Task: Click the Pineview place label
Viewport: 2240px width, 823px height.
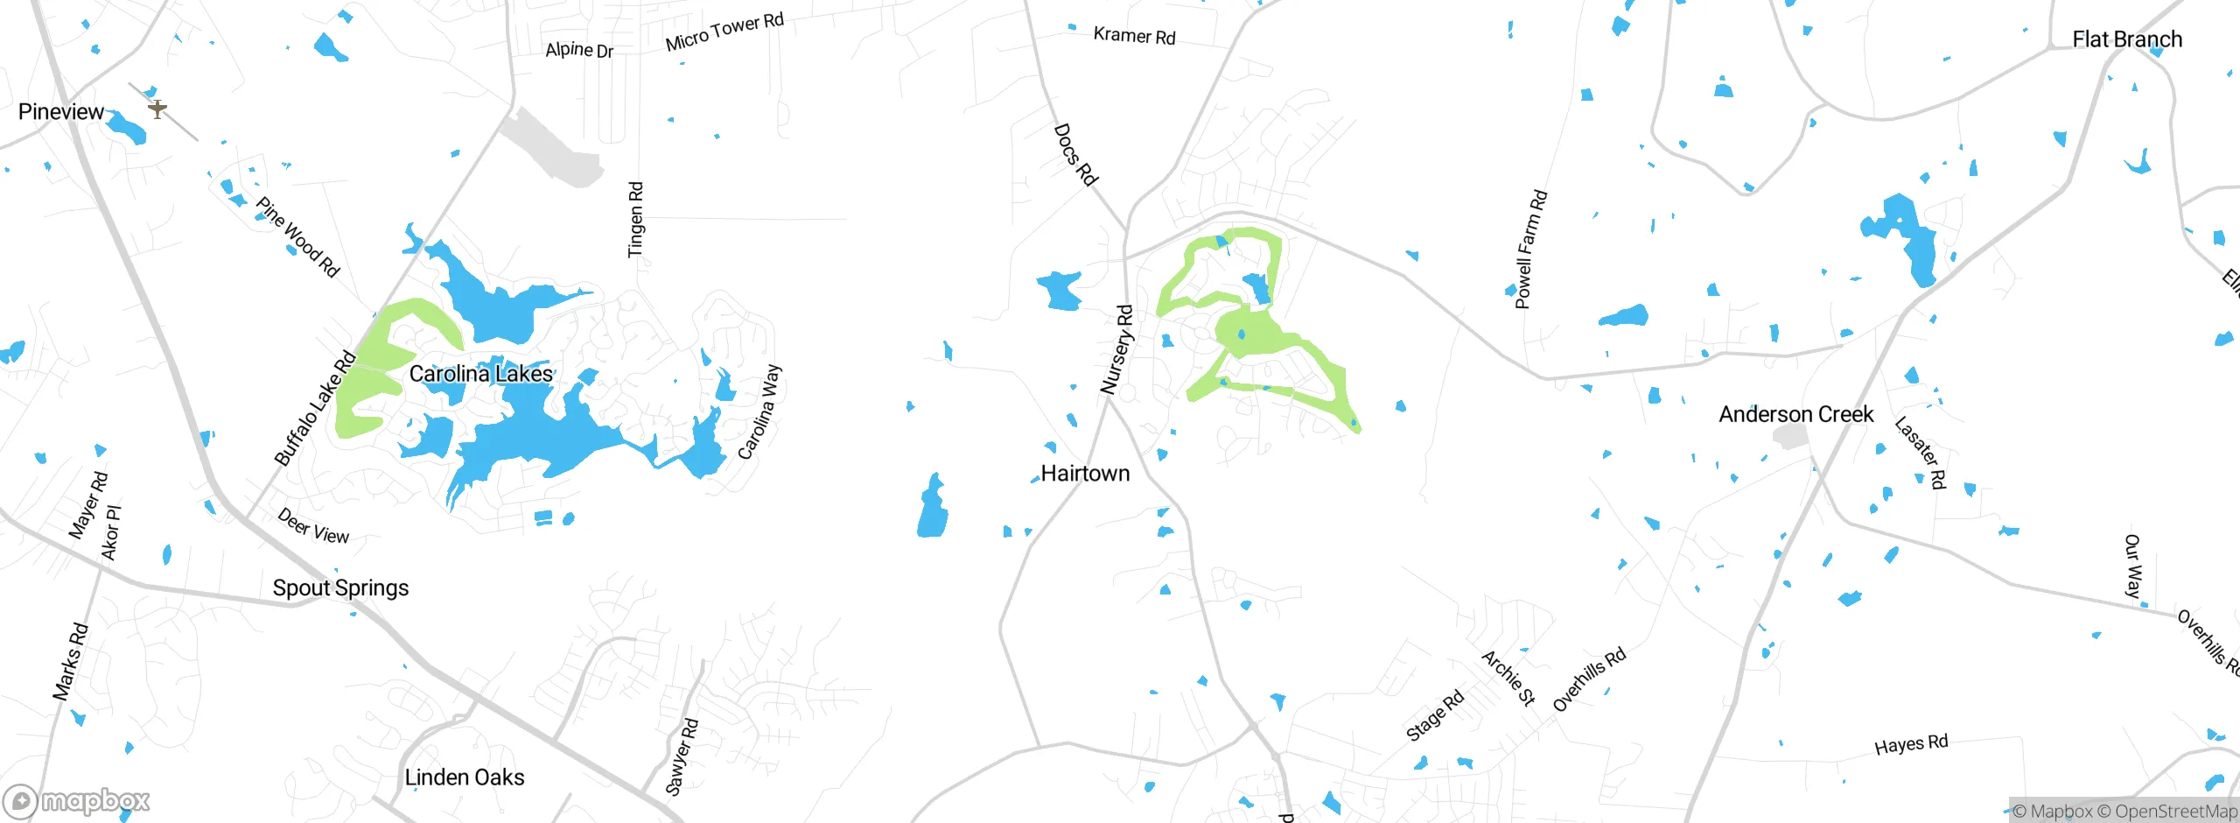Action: click(60, 111)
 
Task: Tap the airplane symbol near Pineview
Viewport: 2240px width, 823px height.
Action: click(157, 109)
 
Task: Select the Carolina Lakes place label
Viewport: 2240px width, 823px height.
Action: click(480, 374)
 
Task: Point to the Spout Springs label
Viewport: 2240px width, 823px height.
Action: click(340, 587)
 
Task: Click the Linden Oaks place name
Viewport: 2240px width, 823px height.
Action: click(464, 777)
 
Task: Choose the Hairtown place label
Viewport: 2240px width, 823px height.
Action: click(1085, 474)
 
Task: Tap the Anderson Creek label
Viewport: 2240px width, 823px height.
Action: click(1795, 414)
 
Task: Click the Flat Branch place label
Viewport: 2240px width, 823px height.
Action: click(2126, 39)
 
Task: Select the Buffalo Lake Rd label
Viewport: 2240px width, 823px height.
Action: click(315, 408)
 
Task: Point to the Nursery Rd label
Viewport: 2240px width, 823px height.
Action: click(1116, 349)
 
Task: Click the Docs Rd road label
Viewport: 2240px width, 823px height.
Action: click(1075, 155)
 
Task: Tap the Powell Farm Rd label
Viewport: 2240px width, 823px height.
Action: click(1531, 250)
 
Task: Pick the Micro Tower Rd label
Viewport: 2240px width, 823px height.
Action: click(724, 32)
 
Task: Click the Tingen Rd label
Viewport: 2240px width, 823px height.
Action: click(636, 220)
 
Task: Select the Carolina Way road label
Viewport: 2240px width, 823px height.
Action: click(759, 412)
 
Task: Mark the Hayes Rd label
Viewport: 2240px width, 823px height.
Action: click(1911, 744)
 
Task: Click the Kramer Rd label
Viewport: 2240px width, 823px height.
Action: click(1134, 36)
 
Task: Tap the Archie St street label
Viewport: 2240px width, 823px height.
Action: click(1508, 678)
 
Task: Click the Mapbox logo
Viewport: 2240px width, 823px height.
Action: click(76, 800)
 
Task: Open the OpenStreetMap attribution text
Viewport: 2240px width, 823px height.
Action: click(2166, 812)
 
